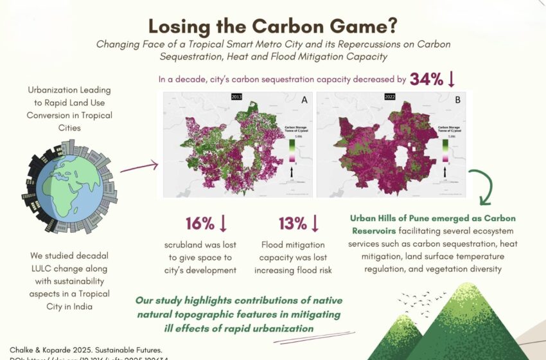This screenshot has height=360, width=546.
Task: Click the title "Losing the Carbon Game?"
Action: (x=272, y=26)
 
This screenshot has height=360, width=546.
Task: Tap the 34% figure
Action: (x=427, y=79)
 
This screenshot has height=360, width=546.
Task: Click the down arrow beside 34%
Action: (x=451, y=79)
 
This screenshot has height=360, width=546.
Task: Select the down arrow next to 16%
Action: (x=224, y=224)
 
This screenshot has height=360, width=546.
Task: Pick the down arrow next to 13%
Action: (x=315, y=224)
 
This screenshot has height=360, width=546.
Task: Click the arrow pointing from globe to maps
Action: (x=139, y=167)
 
